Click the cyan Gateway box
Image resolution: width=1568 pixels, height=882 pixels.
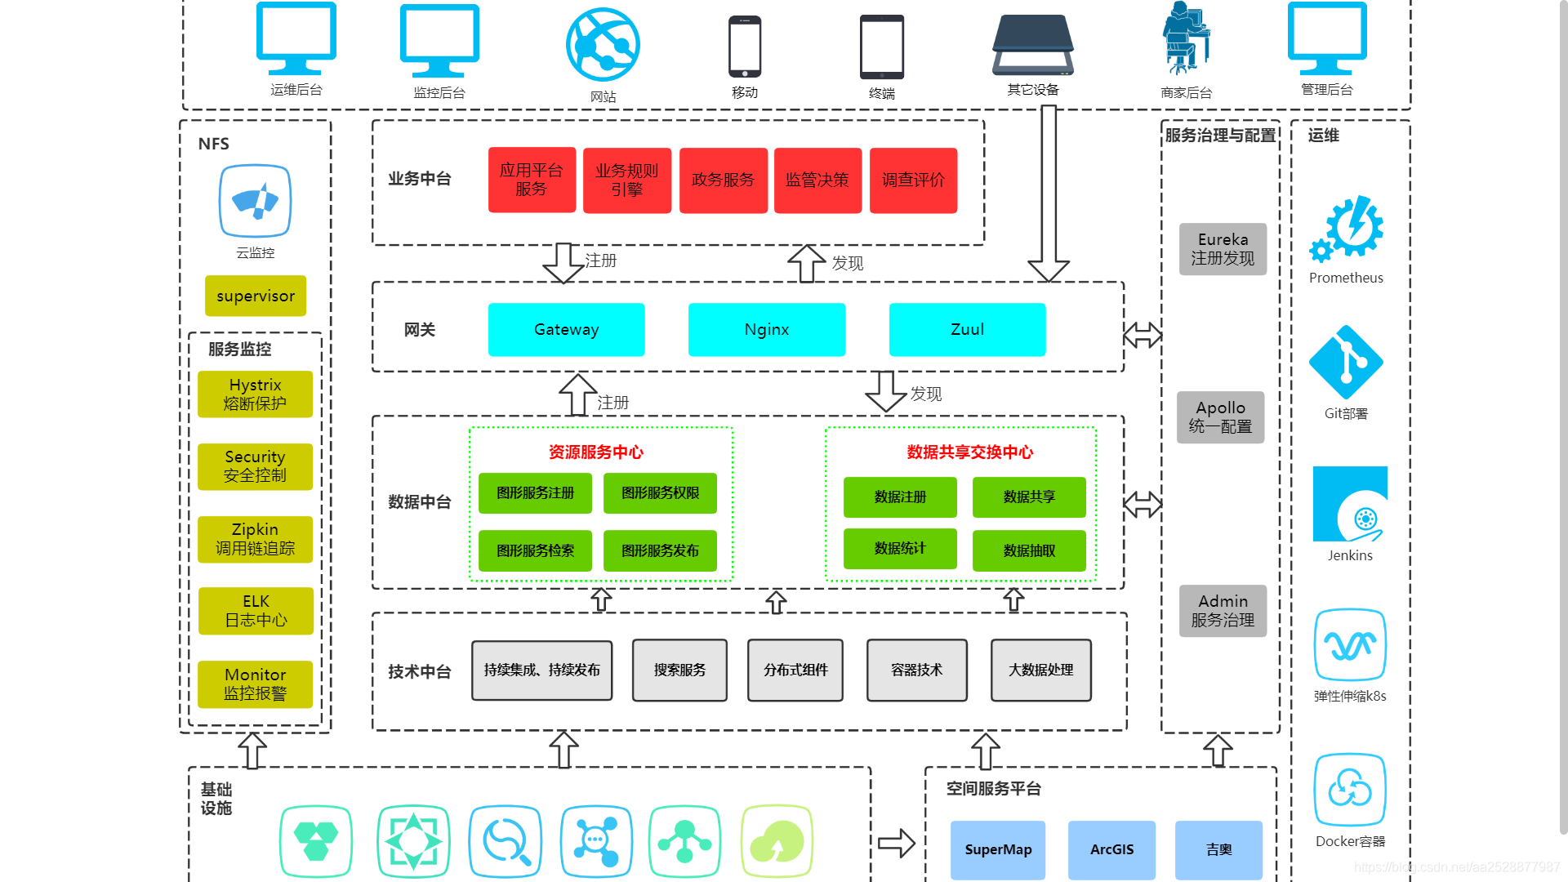pos(566,330)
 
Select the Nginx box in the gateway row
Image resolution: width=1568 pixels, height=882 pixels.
pos(766,330)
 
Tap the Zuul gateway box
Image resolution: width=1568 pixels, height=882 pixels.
pos(967,330)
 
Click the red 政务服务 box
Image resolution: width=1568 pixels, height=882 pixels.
pos(723,180)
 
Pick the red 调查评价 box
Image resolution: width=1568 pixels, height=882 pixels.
pos(913,180)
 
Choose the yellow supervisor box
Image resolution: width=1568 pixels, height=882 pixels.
pos(256,296)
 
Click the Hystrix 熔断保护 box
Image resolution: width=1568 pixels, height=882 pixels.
pos(255,394)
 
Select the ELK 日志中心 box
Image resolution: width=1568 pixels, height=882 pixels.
pos(256,611)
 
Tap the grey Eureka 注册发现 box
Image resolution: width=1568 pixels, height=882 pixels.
pos(1223,249)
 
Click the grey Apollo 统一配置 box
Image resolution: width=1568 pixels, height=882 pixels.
pos(1220,417)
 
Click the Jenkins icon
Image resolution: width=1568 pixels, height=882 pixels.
pos(1350,504)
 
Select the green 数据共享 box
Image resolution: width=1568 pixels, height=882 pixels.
pos(1029,497)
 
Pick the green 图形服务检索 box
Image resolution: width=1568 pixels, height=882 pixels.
pos(535,551)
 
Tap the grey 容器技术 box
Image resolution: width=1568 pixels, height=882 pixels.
pos(916,670)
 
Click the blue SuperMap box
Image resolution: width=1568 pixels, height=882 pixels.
pos(998,850)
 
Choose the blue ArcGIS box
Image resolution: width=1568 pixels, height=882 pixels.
pos(1111,850)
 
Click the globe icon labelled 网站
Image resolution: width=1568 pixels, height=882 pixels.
pos(603,44)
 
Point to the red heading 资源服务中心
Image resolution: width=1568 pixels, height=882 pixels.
pos(596,452)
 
